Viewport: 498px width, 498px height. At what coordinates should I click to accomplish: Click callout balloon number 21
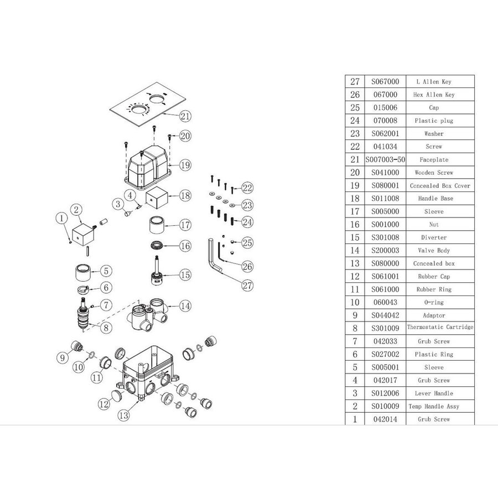pos(185,116)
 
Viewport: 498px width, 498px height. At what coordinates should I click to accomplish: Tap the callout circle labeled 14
pos(185,306)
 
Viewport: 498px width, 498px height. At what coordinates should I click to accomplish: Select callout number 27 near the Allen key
pos(247,285)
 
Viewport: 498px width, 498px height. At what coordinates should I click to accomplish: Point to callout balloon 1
pos(61,218)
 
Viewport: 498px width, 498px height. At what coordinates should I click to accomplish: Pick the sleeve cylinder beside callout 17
pos(157,225)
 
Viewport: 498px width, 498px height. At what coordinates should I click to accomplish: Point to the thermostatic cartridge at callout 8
pos(84,314)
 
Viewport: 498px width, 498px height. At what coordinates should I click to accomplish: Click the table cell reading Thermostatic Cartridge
pos(440,327)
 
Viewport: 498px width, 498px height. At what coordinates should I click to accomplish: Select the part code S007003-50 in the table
pos(385,159)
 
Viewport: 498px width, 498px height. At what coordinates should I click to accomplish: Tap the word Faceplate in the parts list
pos(434,160)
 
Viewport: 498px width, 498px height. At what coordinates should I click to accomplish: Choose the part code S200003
pos(385,250)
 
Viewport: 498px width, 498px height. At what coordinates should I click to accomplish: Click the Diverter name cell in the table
pos(434,237)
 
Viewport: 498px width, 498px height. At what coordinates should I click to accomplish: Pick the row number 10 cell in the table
pos(355,302)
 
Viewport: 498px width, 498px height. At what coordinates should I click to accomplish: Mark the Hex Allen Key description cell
pos(434,95)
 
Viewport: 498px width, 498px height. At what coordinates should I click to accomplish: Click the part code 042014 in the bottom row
pos(385,419)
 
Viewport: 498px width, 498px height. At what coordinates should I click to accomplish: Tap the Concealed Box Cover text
pos(440,186)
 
